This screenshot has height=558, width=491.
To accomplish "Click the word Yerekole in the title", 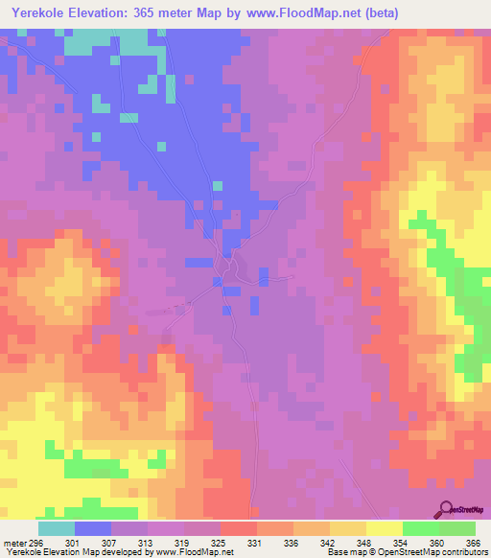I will [42, 12].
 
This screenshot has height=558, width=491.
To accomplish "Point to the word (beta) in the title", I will [377, 12].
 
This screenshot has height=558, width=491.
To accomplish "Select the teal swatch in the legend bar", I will [57, 528].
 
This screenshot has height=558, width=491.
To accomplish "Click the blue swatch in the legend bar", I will [93, 528].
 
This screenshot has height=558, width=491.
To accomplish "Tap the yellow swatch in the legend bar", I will [384, 528].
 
